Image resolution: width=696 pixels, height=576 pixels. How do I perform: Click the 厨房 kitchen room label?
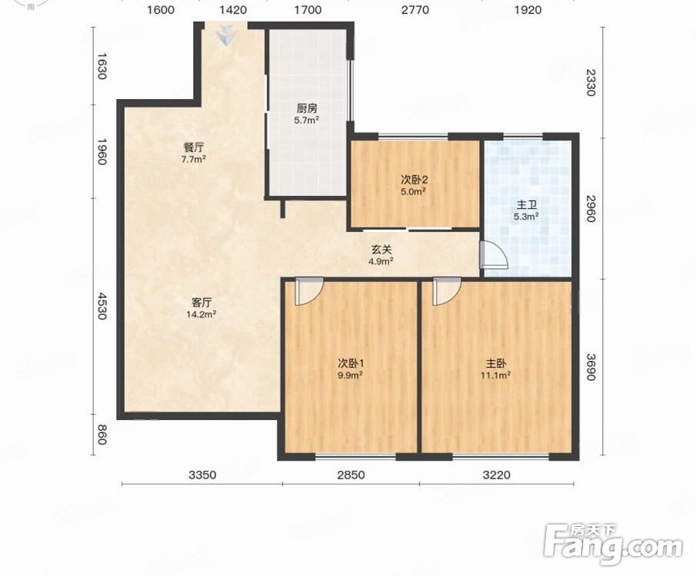pos(307,108)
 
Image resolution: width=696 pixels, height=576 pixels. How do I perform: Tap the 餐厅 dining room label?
pos(194,147)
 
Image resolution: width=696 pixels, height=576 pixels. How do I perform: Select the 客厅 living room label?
pos(201,303)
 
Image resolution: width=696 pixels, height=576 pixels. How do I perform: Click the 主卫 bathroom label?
pos(527,205)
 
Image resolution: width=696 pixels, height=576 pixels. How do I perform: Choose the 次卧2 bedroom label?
pos(414,180)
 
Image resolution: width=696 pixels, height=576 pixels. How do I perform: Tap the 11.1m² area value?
pos(495,376)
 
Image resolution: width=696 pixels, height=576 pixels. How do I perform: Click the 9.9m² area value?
pos(350,376)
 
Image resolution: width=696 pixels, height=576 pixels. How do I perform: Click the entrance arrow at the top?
pos(228,35)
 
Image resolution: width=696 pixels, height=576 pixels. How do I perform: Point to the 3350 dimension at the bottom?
pos(202,475)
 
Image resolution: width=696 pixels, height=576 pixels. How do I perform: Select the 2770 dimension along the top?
pos(415,10)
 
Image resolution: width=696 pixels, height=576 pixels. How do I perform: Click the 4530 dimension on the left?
pos(102,306)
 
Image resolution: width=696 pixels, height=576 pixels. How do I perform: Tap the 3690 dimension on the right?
pos(590,366)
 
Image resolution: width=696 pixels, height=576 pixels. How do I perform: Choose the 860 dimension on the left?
pos(102,435)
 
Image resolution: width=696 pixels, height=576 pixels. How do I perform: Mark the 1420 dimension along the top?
pos(234,10)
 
